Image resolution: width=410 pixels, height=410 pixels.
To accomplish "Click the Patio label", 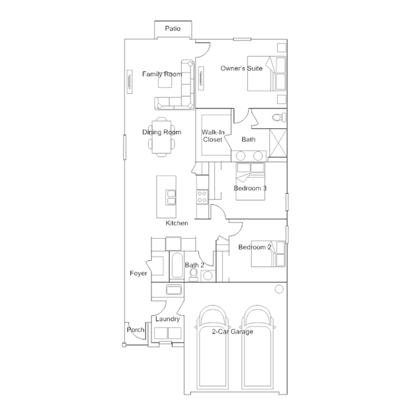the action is [173, 28].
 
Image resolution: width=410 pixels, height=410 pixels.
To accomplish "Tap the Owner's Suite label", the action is [241, 68].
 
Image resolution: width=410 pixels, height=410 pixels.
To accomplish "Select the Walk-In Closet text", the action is [213, 136].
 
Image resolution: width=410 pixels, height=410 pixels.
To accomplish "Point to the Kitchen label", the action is [176, 223].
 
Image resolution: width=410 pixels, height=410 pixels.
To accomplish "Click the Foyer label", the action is [139, 273].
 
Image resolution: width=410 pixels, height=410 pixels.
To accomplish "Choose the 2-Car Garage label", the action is [232, 332].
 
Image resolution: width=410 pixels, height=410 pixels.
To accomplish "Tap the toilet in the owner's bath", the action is [279, 117].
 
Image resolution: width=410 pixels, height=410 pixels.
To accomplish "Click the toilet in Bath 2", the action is [194, 275].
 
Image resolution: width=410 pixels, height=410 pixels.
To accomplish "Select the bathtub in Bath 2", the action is [177, 266].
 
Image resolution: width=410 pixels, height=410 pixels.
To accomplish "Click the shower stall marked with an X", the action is [278, 143].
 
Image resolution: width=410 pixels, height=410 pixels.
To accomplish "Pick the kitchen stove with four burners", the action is [202, 197].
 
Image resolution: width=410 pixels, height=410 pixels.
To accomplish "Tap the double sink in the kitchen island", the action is [171, 198].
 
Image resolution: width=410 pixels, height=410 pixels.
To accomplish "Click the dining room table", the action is [162, 137].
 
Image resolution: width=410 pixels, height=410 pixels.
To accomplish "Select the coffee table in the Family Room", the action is [165, 81].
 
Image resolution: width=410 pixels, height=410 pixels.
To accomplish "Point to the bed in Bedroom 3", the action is [250, 182].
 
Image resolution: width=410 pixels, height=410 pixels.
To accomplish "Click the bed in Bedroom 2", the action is [268, 253].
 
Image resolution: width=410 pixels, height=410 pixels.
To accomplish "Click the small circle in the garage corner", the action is [279, 289].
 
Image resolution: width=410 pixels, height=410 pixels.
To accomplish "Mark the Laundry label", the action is [167, 319].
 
